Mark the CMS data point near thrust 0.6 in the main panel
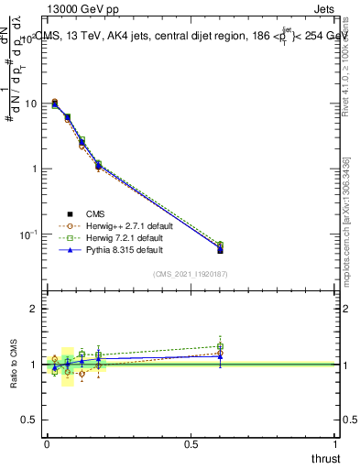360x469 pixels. (220, 250)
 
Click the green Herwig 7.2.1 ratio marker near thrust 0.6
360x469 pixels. (220, 346)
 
